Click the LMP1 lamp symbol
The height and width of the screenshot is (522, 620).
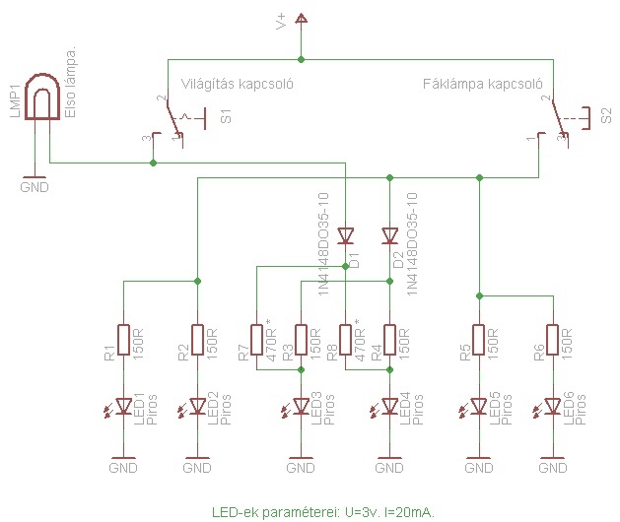pyautogui.click(x=40, y=99)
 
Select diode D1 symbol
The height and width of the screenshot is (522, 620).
pyautogui.click(x=346, y=235)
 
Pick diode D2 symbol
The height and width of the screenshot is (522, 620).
pyautogui.click(x=390, y=235)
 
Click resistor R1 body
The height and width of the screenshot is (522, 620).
pyautogui.click(x=123, y=340)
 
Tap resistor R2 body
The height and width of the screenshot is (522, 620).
pyautogui.click(x=197, y=340)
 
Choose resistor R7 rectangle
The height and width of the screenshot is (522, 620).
pyautogui.click(x=256, y=340)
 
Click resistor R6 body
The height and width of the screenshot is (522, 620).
pyautogui.click(x=552, y=340)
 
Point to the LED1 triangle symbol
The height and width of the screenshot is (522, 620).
pyautogui.click(x=123, y=405)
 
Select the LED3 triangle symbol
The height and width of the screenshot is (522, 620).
pyautogui.click(x=301, y=405)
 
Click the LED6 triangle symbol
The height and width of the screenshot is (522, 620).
pyautogui.click(x=552, y=405)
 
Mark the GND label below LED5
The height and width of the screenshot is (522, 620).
pyautogui.click(x=478, y=469)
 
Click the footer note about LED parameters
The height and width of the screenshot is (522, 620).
pyautogui.click(x=323, y=512)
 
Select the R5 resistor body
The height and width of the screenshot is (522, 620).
pyautogui.click(x=478, y=340)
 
